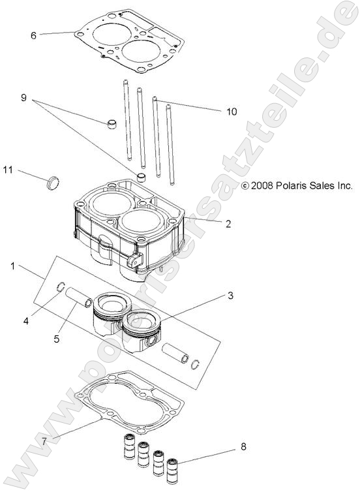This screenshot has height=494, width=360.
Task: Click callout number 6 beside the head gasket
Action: click(x=33, y=35)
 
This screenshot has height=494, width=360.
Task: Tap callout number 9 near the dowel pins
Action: click(x=23, y=98)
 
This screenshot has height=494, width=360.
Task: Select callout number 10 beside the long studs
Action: click(x=232, y=112)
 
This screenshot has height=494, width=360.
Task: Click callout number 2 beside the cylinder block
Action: click(x=228, y=224)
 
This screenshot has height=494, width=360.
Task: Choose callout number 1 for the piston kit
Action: click(x=13, y=266)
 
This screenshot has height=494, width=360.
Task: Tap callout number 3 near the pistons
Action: click(x=230, y=296)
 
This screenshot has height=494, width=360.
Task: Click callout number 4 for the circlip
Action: click(x=27, y=320)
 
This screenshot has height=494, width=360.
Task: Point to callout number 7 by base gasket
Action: click(x=44, y=441)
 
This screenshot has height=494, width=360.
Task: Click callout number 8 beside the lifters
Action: click(x=243, y=447)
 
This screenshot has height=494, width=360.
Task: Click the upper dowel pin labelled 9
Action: click(x=113, y=123)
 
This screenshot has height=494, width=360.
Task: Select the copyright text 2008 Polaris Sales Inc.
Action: click(x=297, y=186)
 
